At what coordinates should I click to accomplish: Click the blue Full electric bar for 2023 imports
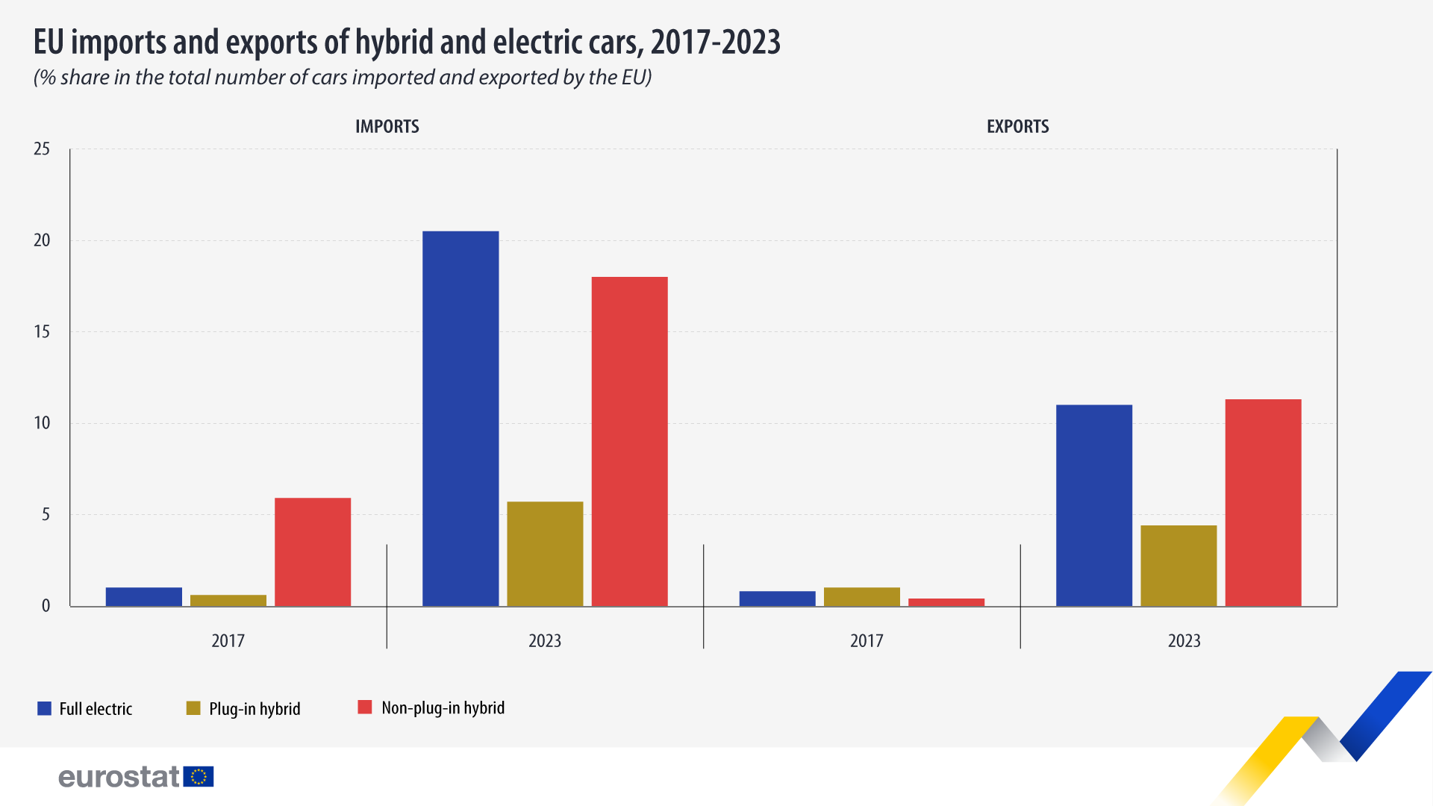pyautogui.click(x=461, y=418)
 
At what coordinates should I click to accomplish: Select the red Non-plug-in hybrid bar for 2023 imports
pyautogui.click(x=629, y=441)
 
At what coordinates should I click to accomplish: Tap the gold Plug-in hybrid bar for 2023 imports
pyautogui.click(x=545, y=553)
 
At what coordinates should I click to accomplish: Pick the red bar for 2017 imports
pyautogui.click(x=313, y=552)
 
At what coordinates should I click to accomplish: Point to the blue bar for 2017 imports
pyautogui.click(x=144, y=596)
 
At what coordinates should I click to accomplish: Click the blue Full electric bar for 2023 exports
pyautogui.click(x=1094, y=505)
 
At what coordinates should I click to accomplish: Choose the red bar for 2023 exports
pyautogui.click(x=1263, y=502)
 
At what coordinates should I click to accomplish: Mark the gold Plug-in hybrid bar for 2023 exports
pyautogui.click(x=1178, y=565)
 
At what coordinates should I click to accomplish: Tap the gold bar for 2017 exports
pyautogui.click(x=862, y=596)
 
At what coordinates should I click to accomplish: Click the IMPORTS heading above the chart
pyautogui.click(x=387, y=126)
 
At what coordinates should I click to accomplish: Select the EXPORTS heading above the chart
pyautogui.click(x=1017, y=126)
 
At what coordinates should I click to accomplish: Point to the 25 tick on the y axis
pyautogui.click(x=42, y=149)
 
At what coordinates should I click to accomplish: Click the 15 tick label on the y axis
pyautogui.click(x=42, y=331)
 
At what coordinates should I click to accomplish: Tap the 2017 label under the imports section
pyautogui.click(x=228, y=640)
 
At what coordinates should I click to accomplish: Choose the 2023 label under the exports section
pyautogui.click(x=1184, y=640)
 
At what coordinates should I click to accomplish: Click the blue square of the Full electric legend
pyautogui.click(x=44, y=708)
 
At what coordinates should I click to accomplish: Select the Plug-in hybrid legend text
pyautogui.click(x=255, y=708)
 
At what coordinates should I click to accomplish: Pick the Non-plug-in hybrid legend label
pyautogui.click(x=443, y=707)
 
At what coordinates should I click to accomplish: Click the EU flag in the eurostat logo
pyautogui.click(x=199, y=777)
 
